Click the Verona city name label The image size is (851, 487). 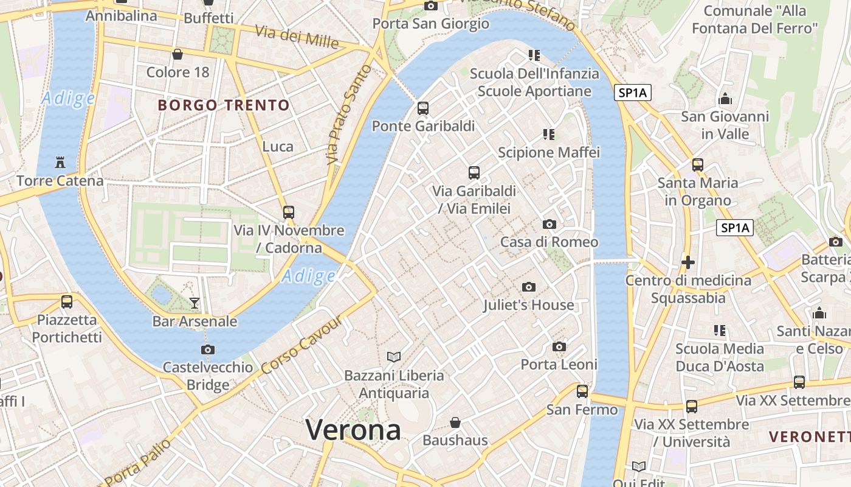click(353, 430)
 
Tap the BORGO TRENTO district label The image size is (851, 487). click(224, 105)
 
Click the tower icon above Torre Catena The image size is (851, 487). click(60, 163)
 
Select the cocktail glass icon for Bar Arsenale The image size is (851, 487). click(195, 303)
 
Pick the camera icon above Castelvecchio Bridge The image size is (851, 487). click(208, 349)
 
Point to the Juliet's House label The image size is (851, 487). click(528, 305)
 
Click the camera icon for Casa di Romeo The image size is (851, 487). click(550, 225)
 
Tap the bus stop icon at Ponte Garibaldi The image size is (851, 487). click(423, 108)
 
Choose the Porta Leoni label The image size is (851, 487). click(559, 364)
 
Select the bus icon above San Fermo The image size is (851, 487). click(582, 391)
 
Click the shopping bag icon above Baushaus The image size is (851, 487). click(455, 422)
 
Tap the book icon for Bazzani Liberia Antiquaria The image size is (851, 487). click(394, 357)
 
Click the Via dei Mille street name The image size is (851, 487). click(297, 37)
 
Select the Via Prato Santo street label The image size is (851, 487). click(348, 116)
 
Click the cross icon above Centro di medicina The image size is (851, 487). click(688, 262)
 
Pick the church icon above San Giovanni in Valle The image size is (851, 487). click(725, 99)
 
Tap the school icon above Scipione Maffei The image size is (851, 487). click(549, 135)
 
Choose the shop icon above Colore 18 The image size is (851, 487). click(177, 55)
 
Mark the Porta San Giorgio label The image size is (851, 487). click(430, 24)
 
